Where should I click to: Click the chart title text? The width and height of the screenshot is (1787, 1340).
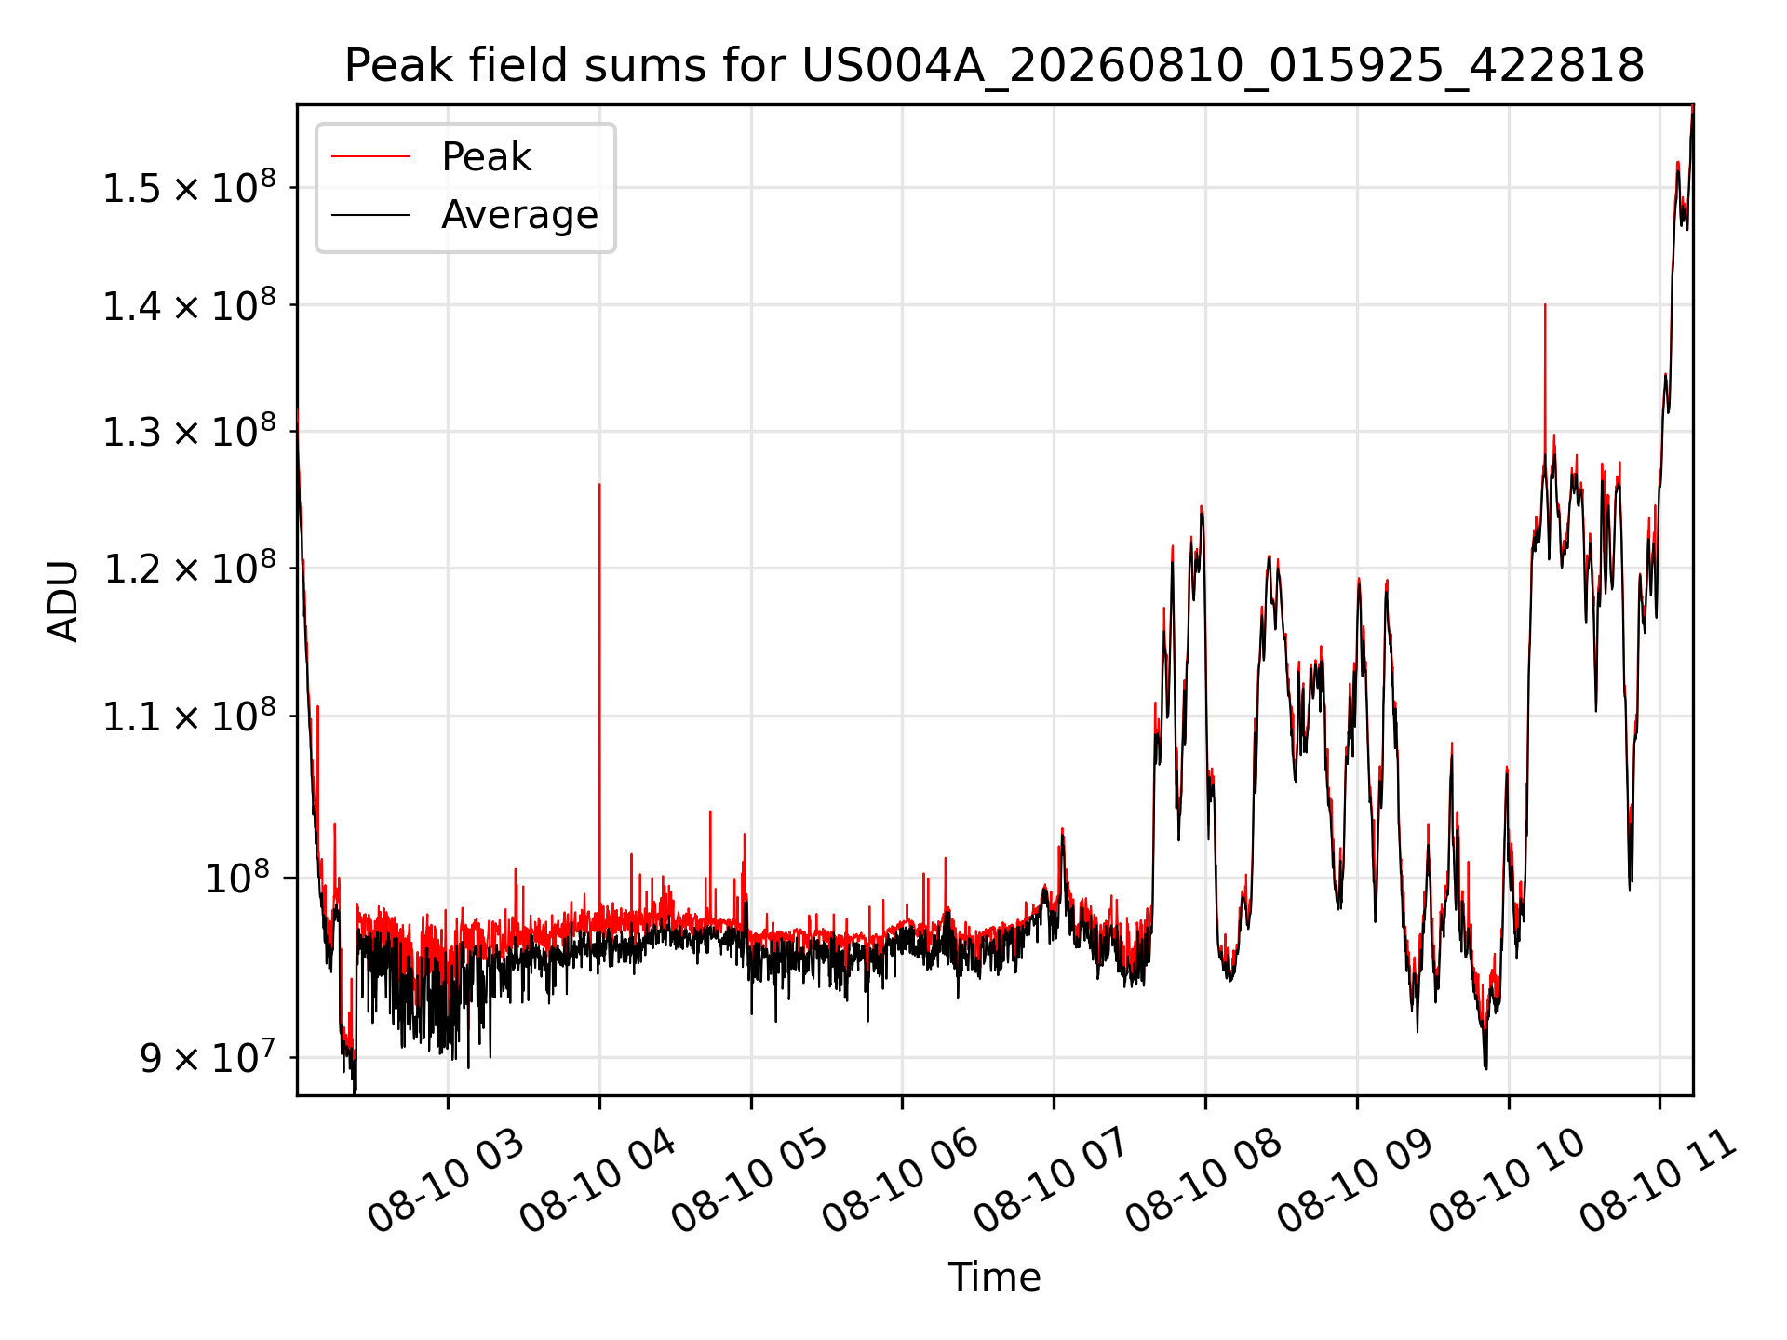(994, 66)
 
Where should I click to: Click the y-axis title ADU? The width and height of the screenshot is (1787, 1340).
(64, 600)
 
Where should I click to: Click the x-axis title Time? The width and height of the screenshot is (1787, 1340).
(994, 1277)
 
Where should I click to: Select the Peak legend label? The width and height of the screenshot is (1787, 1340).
(486, 157)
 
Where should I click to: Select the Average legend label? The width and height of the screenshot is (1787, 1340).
(519, 215)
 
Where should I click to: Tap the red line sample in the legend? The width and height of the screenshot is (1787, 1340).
(370, 156)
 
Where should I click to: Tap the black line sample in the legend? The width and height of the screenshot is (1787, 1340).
(370, 215)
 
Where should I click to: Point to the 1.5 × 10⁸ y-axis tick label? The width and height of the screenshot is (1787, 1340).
(189, 187)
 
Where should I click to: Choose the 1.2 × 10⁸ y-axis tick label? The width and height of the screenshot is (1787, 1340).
(189, 568)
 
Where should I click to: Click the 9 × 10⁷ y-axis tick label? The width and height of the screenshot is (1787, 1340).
(208, 1057)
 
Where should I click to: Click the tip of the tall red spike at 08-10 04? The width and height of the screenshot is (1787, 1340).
(599, 484)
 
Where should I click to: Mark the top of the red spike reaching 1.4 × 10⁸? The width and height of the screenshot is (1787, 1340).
(1545, 304)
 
